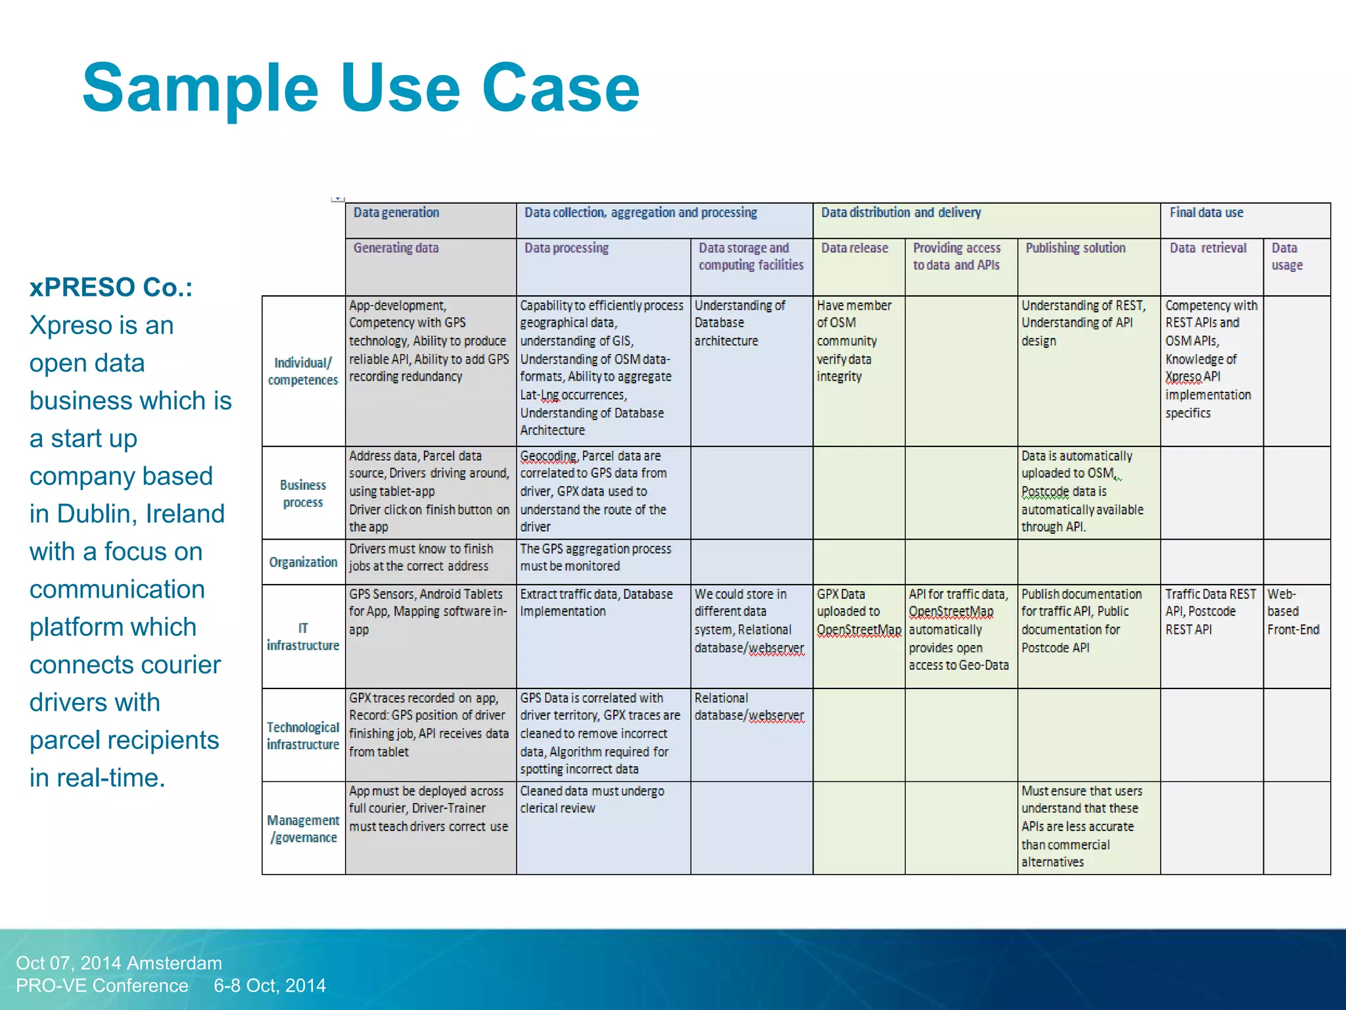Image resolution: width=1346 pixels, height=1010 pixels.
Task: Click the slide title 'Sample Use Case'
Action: coord(361,88)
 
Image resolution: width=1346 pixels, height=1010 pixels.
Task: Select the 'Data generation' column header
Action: coord(396,212)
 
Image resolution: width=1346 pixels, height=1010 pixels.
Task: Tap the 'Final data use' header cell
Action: coord(1206,212)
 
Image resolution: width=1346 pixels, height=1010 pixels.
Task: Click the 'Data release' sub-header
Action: coord(854,248)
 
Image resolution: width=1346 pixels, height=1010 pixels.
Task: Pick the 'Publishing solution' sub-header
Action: coord(1075,248)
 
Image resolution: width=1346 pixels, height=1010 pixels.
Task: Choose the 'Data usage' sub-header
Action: coord(1287,256)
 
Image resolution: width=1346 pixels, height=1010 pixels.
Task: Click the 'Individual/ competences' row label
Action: coord(303,371)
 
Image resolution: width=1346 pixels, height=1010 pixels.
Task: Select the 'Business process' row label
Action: coord(303,493)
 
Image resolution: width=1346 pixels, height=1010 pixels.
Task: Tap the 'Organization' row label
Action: coord(303,562)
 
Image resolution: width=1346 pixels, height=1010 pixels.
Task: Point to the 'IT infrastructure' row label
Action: coord(303,637)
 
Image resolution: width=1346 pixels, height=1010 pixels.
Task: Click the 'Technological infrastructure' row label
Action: coord(303,736)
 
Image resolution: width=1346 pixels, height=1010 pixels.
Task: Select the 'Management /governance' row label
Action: coord(303,829)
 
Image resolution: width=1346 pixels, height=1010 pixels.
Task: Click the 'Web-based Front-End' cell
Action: coord(1293,612)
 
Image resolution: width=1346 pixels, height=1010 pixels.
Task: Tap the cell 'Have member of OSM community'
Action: coord(854,341)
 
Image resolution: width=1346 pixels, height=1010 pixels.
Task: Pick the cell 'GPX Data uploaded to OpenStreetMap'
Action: coord(858,612)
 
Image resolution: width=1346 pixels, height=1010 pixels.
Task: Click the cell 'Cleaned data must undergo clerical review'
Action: coord(592,800)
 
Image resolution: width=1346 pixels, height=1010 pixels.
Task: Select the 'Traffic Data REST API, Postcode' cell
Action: coord(1210,612)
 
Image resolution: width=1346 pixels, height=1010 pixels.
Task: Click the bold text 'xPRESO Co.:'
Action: coord(111,287)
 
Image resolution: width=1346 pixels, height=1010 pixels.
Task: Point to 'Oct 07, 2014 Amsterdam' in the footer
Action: coord(119,963)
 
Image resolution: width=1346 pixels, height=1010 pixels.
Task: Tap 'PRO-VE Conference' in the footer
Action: coord(102,985)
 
